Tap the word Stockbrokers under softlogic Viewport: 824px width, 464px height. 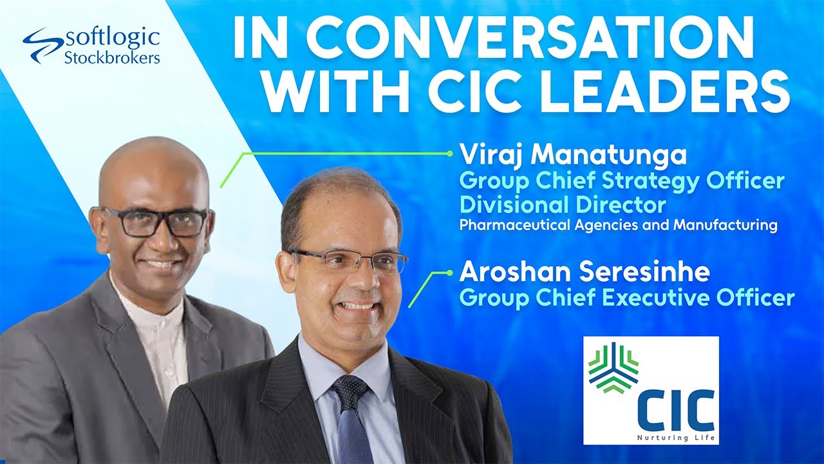pos(112,58)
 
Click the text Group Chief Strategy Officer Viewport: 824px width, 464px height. pos(622,181)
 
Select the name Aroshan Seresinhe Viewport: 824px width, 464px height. pos(585,273)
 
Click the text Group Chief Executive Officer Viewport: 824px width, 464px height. pos(627,298)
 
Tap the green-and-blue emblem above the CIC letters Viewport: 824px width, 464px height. pos(613,367)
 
